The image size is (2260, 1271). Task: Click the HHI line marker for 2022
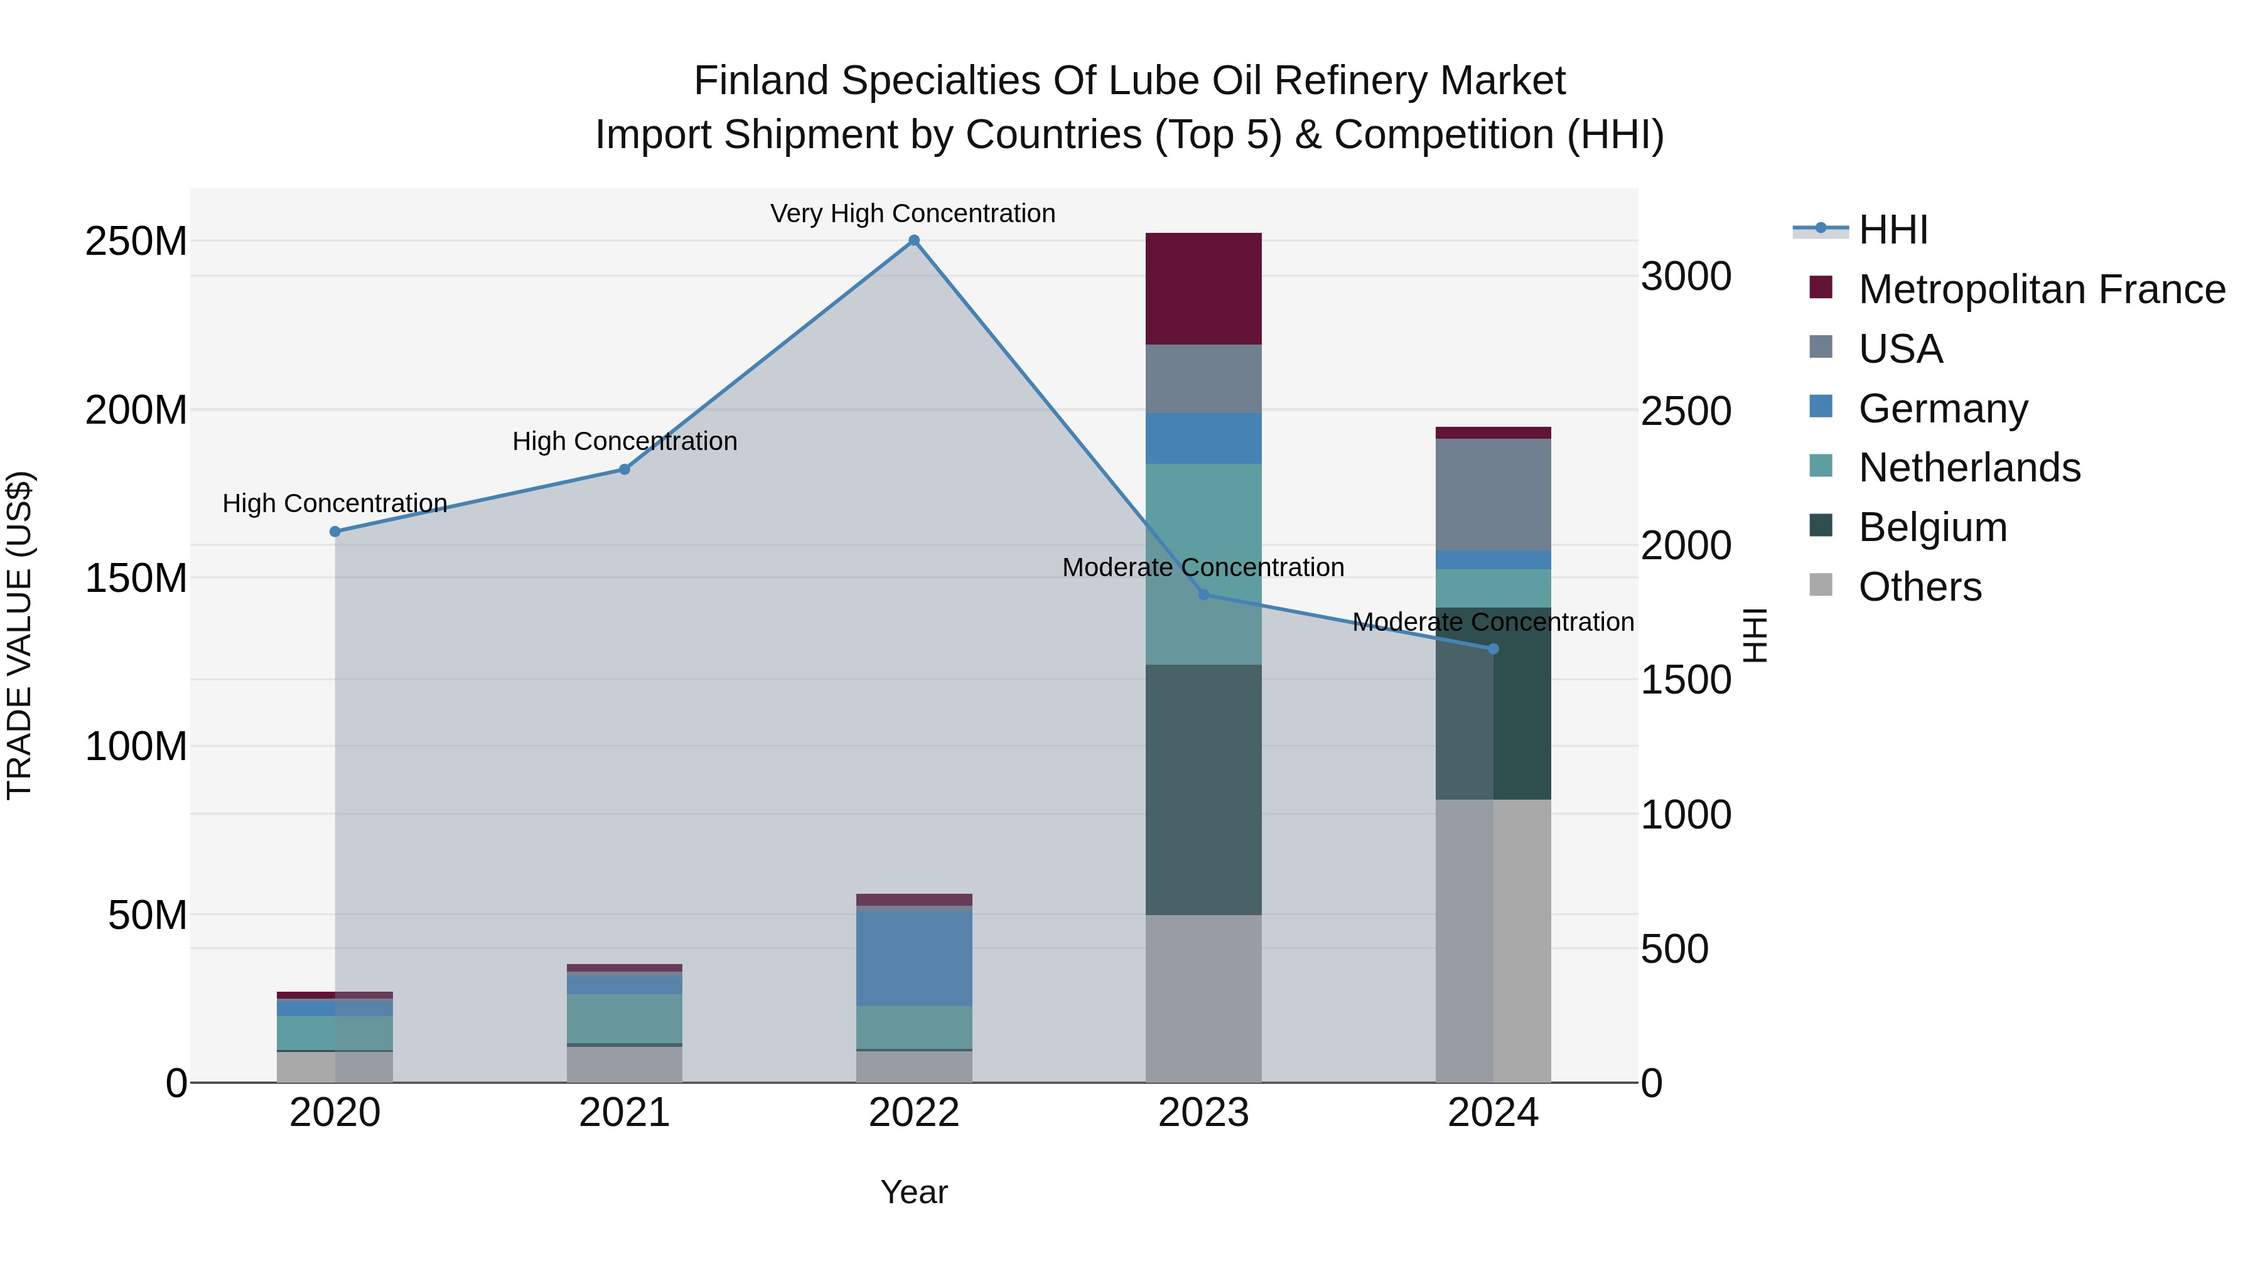point(913,240)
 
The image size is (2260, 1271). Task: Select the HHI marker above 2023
point(1203,595)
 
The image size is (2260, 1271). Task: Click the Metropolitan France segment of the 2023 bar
point(1203,289)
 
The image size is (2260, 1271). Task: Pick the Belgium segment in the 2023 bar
point(1203,790)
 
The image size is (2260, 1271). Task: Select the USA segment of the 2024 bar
point(1493,494)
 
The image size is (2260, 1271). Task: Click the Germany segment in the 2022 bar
point(913,958)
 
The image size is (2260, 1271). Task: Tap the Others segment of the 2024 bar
point(1493,940)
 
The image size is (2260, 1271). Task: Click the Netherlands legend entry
point(1969,468)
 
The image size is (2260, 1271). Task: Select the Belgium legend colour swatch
point(1821,527)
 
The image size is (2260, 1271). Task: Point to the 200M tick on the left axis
point(136,410)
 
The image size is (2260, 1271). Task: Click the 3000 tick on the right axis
point(1686,276)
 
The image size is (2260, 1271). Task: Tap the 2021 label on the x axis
point(624,1113)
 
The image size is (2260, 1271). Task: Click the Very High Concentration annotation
point(912,213)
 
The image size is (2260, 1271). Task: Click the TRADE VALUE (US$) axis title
point(19,635)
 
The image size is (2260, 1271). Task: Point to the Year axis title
point(913,1192)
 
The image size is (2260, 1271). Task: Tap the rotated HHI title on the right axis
point(1754,635)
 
